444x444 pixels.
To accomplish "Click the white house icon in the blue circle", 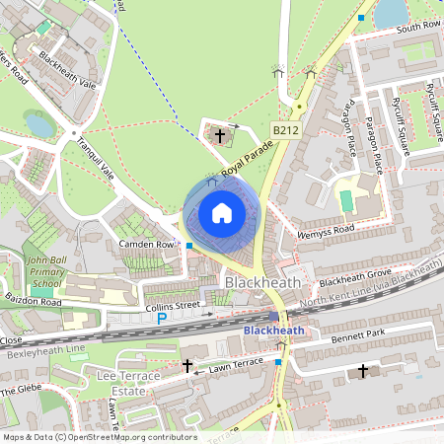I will pos(222,213).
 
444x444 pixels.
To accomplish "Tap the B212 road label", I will pos(285,129).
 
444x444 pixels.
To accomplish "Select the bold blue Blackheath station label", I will pos(274,330).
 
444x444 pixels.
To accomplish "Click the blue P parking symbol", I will pos(162,318).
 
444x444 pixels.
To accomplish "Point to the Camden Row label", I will pos(145,244).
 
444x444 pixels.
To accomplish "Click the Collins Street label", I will pos(173,307).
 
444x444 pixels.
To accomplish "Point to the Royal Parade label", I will pos(246,158).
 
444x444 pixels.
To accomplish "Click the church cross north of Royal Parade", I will pos(219,134).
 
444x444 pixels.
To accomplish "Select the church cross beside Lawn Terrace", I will pos(187,366).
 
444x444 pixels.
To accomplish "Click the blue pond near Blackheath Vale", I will pos(39,124).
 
